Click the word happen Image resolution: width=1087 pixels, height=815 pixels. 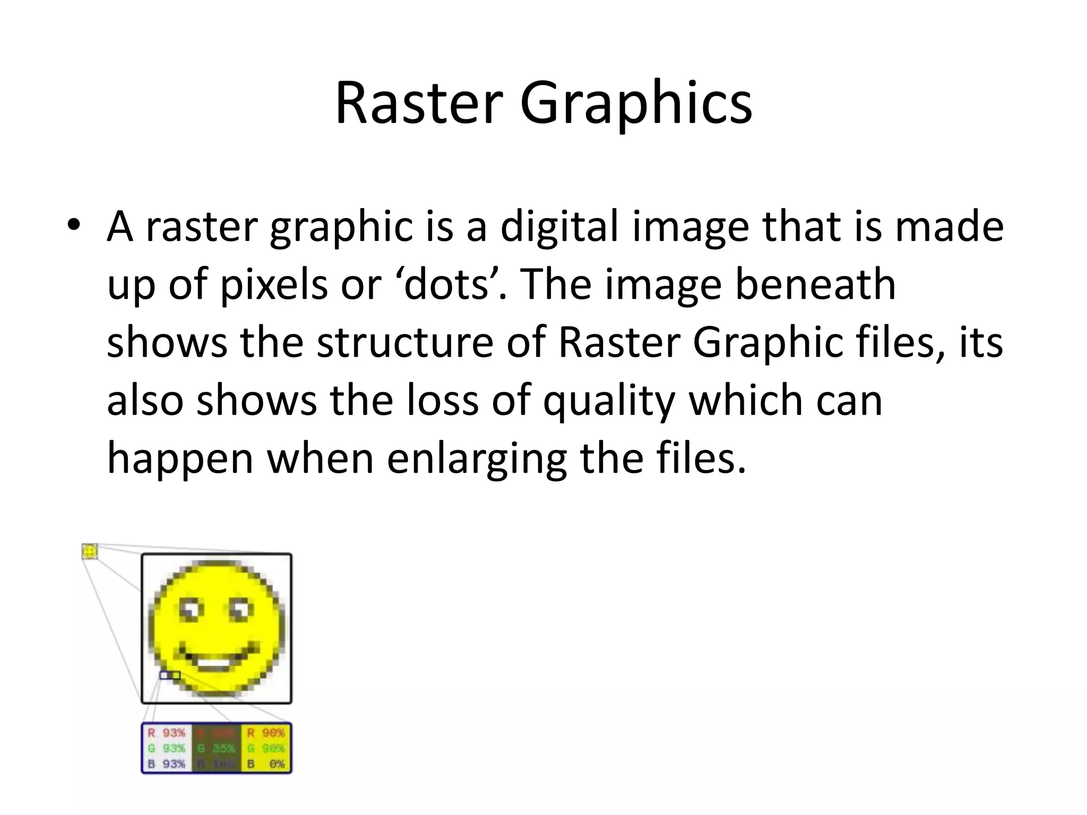(180, 458)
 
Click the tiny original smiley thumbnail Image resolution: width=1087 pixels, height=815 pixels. (90, 551)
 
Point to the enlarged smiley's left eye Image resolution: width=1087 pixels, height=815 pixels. (192, 610)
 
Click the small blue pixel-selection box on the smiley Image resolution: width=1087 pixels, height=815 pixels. (170, 675)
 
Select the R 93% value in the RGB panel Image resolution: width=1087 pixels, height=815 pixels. (167, 733)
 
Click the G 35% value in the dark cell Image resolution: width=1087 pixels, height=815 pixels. (217, 749)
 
